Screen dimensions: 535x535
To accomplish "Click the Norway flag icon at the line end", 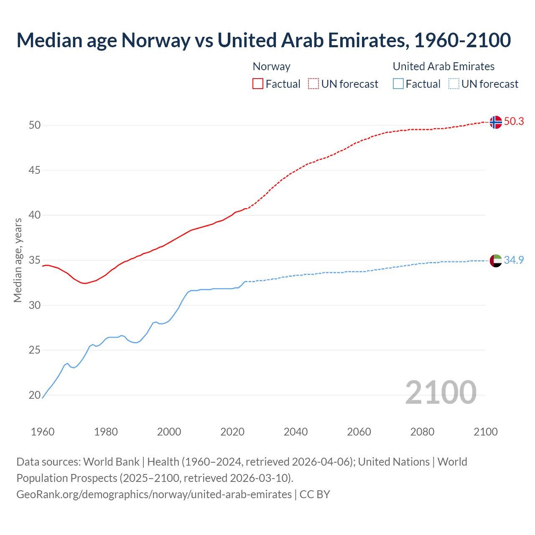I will point(496,122).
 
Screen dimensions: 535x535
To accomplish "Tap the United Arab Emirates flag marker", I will point(496,260).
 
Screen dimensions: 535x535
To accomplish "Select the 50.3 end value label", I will point(514,121).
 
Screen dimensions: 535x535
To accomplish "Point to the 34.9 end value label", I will point(514,260).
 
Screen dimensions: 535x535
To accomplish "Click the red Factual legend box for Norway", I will point(258,84).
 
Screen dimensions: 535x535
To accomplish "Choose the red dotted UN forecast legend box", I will point(313,84).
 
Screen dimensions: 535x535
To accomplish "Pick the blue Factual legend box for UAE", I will point(398,84).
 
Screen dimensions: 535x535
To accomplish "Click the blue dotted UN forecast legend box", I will point(453,84).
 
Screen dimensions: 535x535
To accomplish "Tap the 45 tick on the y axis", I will point(35,170).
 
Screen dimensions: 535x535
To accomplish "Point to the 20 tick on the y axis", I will point(35,395).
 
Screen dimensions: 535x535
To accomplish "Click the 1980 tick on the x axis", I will point(106,432).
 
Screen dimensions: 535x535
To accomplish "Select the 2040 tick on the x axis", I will point(296,432).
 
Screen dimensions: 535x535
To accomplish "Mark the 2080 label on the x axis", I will point(422,432).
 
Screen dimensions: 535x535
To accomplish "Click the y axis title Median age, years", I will point(18,260).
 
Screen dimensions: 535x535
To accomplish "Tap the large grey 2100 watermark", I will point(441,392).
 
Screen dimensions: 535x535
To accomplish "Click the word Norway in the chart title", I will point(155,40).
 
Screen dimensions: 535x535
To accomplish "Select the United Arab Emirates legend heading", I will point(443,66).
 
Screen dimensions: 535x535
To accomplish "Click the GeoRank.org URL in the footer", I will point(154,494).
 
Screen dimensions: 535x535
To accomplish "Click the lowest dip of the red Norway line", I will point(85,283).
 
